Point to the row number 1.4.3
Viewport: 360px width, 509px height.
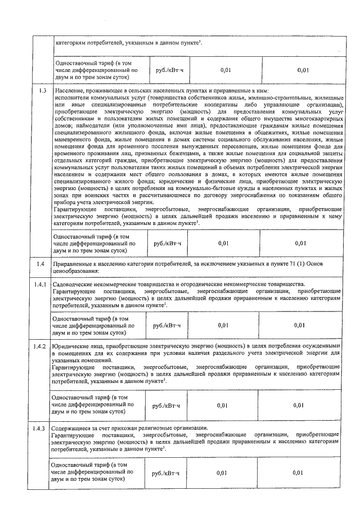click(x=39, y=429)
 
